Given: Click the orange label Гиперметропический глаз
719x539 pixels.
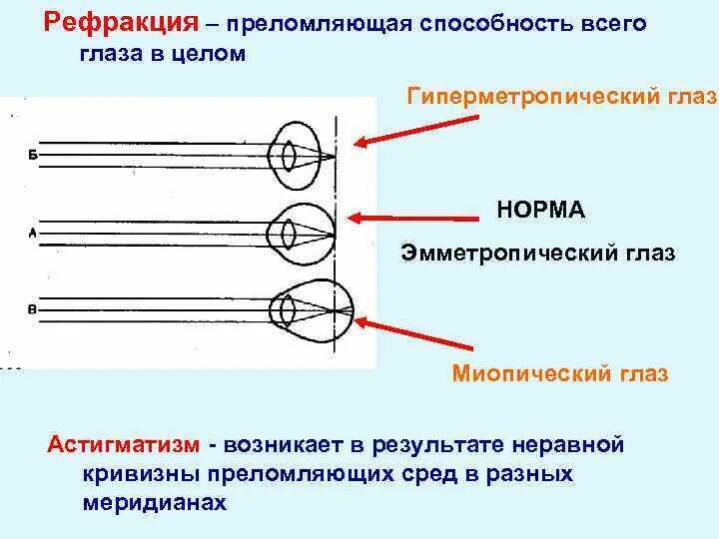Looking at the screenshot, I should (x=561, y=97).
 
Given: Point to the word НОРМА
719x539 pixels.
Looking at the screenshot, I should (x=540, y=210).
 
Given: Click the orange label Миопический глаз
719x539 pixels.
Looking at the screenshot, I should (x=560, y=374).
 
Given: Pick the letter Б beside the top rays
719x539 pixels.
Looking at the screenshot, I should (x=33, y=156).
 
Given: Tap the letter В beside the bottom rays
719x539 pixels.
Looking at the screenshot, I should (x=32, y=310).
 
